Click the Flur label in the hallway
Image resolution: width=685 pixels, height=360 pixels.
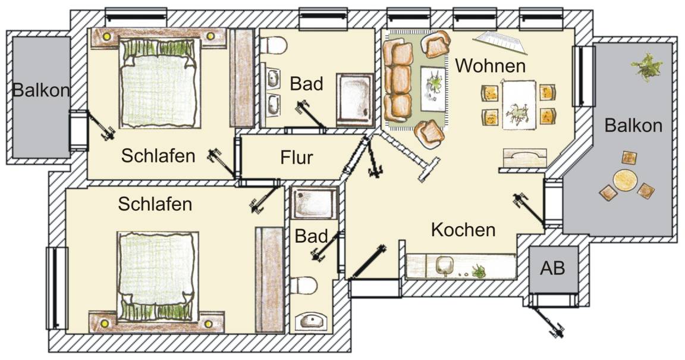[297, 158]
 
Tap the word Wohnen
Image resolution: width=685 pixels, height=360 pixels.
[490, 66]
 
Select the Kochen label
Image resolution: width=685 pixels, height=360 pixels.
[463, 230]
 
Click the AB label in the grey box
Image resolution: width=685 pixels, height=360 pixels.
[552, 268]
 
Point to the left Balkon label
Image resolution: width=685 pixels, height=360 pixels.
[41, 90]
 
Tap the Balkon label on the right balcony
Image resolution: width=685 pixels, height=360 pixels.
[633, 126]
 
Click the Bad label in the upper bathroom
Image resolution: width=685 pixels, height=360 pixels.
[307, 83]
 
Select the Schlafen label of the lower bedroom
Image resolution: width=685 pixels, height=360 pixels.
[155, 204]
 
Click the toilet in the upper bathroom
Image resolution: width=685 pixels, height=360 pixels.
[274, 45]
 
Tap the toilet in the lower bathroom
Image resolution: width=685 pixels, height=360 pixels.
[304, 285]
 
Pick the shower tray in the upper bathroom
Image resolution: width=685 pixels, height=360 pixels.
[355, 100]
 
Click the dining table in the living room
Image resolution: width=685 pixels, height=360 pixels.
[519, 105]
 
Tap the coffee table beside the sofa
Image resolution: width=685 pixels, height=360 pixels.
[433, 89]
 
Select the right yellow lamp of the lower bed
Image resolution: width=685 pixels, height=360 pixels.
[208, 324]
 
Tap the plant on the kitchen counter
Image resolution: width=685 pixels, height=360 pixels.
[479, 272]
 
